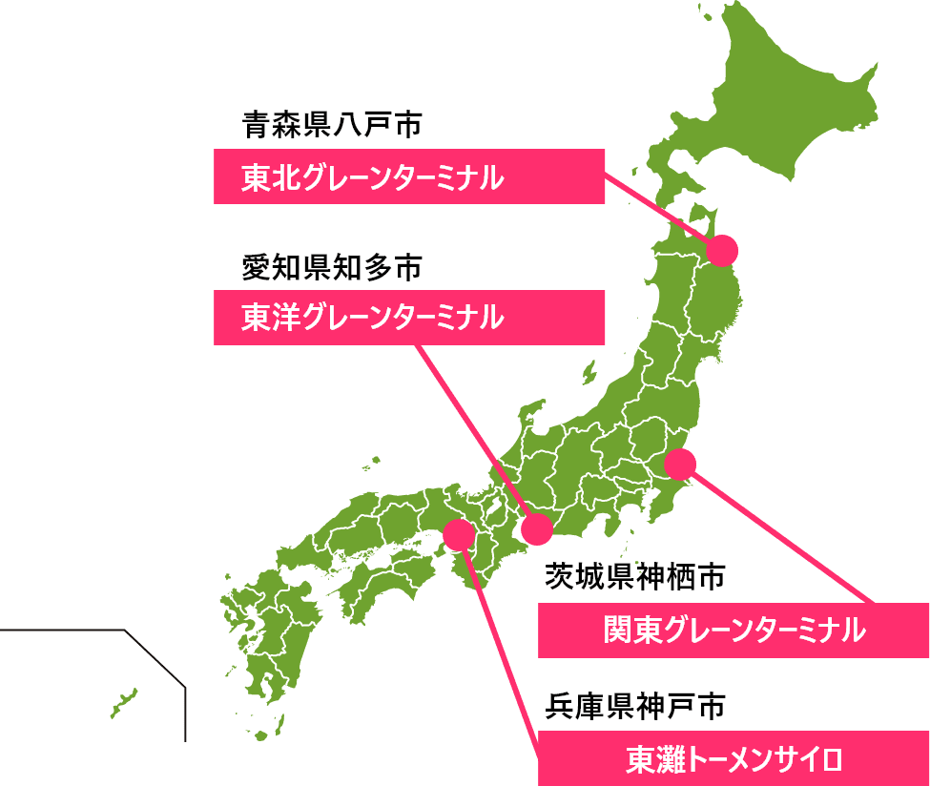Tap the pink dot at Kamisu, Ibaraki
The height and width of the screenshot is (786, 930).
point(679,464)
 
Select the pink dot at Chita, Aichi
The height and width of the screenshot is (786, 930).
point(536,528)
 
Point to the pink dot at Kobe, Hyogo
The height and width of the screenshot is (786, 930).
point(459,534)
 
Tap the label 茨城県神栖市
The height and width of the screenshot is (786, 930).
point(635,576)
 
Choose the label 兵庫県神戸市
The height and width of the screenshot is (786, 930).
point(635,707)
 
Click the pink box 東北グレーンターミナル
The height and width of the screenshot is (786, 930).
point(409,176)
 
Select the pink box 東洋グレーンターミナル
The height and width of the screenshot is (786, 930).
point(409,317)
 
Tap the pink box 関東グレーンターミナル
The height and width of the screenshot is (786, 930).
point(734,631)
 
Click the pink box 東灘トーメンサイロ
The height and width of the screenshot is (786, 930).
point(734,759)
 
